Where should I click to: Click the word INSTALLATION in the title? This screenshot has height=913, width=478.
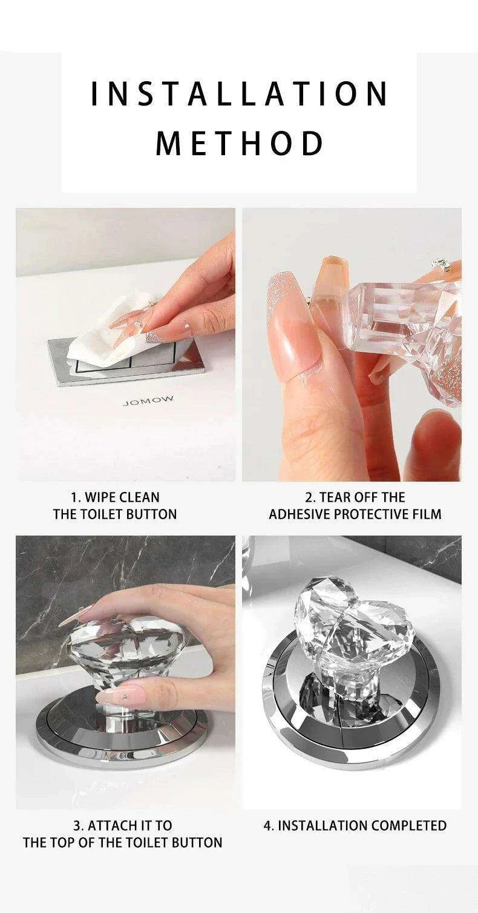pyautogui.click(x=239, y=94)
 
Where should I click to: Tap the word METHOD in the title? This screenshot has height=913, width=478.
pyautogui.click(x=239, y=143)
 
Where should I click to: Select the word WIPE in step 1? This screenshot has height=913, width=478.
pyautogui.click(x=100, y=497)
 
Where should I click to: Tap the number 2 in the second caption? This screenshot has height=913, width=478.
pyautogui.click(x=308, y=497)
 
